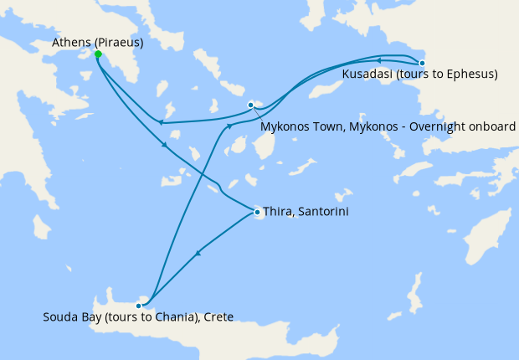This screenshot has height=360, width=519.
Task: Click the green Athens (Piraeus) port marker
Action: [x=98, y=54]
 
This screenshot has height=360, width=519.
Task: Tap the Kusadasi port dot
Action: [x=422, y=63]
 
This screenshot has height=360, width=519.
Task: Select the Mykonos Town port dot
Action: [x=250, y=105]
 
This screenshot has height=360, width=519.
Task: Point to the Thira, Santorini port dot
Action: [x=256, y=212]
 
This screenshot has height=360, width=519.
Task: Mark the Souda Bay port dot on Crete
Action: [x=138, y=306]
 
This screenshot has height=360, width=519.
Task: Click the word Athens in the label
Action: [x=69, y=41]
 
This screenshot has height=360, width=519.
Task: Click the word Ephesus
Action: [x=470, y=75]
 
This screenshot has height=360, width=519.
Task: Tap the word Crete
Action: [x=216, y=316]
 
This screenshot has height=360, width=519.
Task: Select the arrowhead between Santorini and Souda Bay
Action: [x=198, y=252]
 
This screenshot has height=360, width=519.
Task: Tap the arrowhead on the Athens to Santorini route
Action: [x=165, y=146]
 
